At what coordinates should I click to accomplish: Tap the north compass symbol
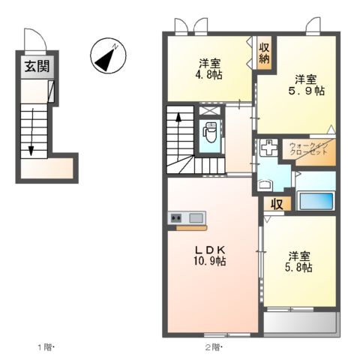click(106, 57)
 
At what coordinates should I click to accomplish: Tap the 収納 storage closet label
click(265, 54)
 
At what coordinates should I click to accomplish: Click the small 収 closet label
click(276, 202)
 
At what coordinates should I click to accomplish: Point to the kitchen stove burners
click(177, 218)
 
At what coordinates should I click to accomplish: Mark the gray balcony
click(301, 323)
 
